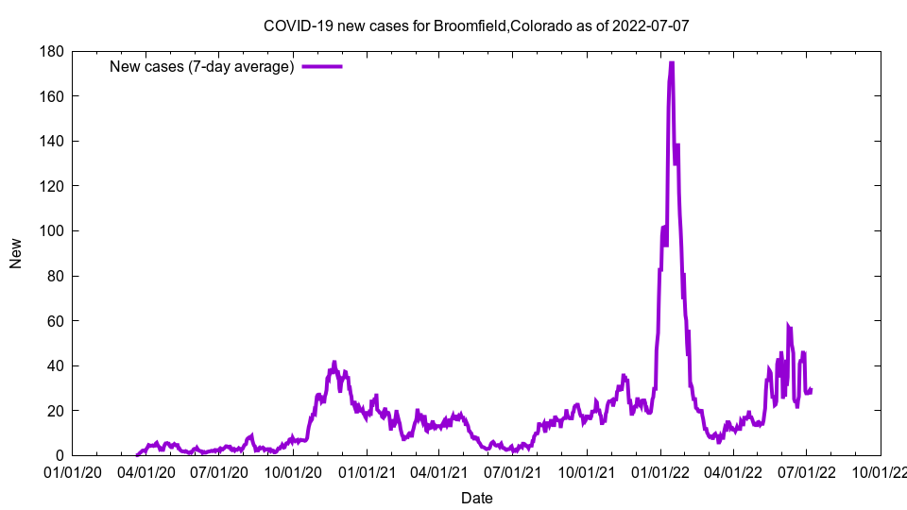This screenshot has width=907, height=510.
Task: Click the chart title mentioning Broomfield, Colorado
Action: pyautogui.click(x=476, y=25)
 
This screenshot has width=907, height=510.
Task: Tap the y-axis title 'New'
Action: pyautogui.click(x=16, y=253)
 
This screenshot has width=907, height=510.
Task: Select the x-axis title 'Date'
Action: pyautogui.click(x=476, y=498)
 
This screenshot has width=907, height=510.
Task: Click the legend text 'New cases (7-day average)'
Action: pyautogui.click(x=202, y=66)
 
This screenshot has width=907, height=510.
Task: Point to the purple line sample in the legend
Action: pyautogui.click(x=321, y=66)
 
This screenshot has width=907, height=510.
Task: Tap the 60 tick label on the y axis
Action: pyautogui.click(x=54, y=321)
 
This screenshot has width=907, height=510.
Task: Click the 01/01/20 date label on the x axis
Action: pyautogui.click(x=72, y=471)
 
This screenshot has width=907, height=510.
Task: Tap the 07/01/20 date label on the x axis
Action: pyautogui.click(x=219, y=471)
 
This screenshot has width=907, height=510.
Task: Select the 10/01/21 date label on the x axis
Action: pyautogui.click(x=587, y=471)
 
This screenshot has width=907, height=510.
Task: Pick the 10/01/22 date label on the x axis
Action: pyautogui.click(x=881, y=471)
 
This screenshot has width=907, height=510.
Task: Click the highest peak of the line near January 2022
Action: pyautogui.click(x=671, y=63)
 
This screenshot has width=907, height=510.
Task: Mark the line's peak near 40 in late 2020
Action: pyautogui.click(x=334, y=362)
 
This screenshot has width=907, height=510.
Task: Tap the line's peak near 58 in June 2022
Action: pyautogui.click(x=788, y=325)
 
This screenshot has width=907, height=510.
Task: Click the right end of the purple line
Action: pyautogui.click(x=811, y=389)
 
